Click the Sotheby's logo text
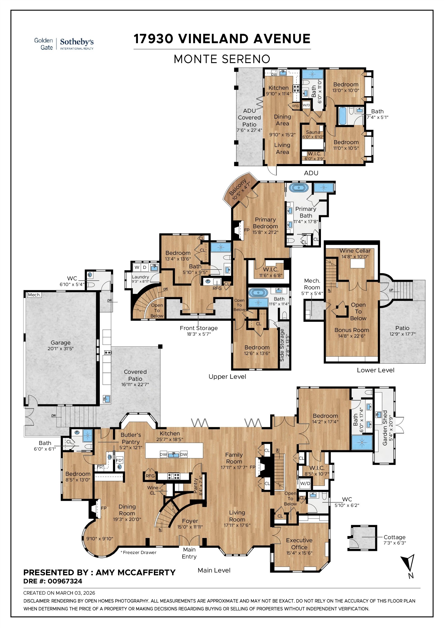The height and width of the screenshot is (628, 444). [x=77, y=42]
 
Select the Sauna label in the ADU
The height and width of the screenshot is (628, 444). [x=313, y=132]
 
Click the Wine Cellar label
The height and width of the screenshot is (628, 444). [x=355, y=251]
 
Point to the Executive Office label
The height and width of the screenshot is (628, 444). [x=299, y=544]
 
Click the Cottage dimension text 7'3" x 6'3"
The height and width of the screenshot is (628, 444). [x=394, y=543]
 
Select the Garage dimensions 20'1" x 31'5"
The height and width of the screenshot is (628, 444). [x=61, y=348]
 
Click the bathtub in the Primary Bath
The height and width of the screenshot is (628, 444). [x=299, y=187]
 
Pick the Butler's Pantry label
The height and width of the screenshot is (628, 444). [x=131, y=438]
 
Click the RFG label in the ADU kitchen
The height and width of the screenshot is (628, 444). [x=295, y=106]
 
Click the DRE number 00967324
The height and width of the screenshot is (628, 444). [x=65, y=581]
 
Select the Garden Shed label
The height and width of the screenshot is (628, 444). [x=385, y=428]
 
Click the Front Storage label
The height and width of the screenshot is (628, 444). [x=198, y=328]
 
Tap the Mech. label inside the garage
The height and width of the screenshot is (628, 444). [x=34, y=295]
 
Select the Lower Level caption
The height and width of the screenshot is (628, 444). [x=375, y=370]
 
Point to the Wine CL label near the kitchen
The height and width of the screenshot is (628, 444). [x=152, y=490]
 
